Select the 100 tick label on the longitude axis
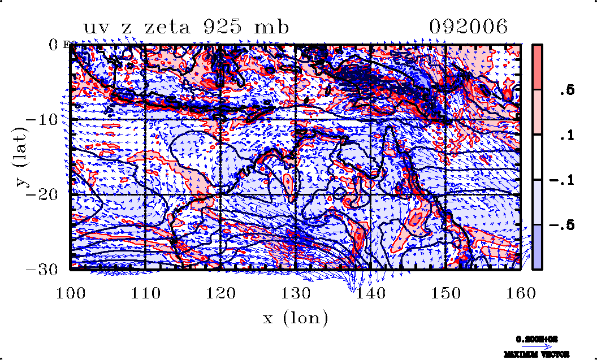71,293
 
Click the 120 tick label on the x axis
220,293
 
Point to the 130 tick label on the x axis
296,293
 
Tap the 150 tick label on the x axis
445,293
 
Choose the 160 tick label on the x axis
520,293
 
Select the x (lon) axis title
295,318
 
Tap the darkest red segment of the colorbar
538,67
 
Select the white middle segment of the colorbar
538,157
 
